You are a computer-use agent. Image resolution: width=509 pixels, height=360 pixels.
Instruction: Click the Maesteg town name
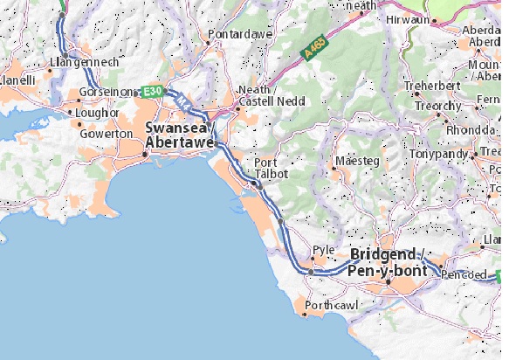coord(357,163)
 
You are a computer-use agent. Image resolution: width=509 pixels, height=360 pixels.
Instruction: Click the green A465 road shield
coord(316,51)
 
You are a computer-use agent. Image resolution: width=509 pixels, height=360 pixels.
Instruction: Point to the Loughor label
coord(97,113)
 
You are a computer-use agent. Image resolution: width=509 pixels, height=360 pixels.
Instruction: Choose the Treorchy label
coord(437,106)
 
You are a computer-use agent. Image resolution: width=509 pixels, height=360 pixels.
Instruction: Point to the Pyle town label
coord(324,249)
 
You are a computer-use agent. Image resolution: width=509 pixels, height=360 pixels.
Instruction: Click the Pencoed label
coord(463,273)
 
